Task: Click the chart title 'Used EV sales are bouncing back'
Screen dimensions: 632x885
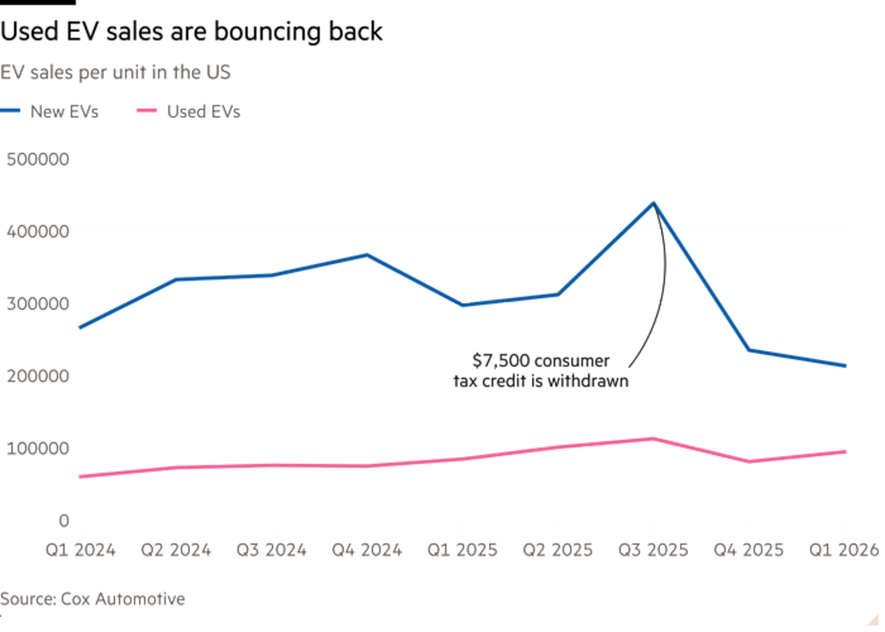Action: point(191,32)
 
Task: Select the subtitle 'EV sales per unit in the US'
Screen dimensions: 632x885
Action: point(117,73)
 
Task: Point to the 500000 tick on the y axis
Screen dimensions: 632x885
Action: point(38,159)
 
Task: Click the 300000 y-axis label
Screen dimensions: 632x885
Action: point(38,303)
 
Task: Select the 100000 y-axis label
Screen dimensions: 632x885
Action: point(38,448)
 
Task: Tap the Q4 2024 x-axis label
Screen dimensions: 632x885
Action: point(367,549)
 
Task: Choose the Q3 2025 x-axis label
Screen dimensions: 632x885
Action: point(653,549)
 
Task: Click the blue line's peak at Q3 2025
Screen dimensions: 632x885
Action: point(653,202)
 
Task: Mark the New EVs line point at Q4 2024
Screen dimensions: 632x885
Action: point(367,254)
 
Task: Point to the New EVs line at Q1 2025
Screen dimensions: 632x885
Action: point(462,305)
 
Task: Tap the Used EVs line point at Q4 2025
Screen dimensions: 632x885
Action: point(749,462)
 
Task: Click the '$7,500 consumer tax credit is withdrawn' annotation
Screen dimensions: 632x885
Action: point(541,371)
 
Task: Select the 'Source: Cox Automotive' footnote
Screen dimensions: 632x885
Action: point(93,599)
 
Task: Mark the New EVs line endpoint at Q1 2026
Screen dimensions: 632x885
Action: point(844,366)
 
